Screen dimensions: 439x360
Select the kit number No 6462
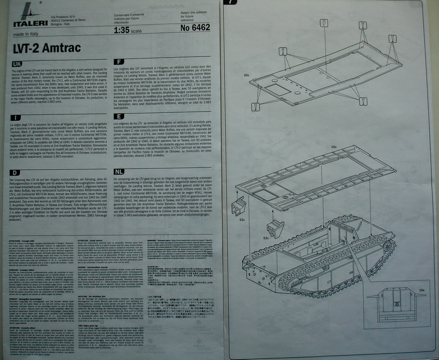point(186,25)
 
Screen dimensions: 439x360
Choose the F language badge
point(117,61)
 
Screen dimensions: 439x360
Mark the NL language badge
point(119,172)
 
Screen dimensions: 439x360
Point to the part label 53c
point(266,239)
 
